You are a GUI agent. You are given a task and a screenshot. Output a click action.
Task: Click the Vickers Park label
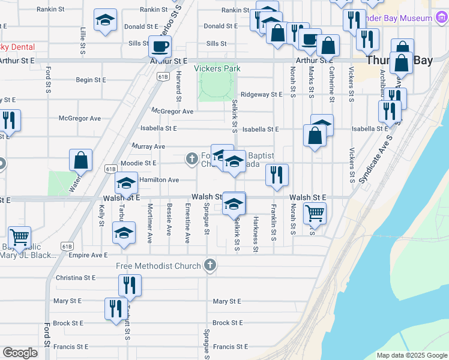click(217, 68)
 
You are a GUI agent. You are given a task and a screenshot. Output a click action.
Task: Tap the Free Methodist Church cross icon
click(210, 265)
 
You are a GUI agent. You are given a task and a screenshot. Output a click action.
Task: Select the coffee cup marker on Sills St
click(160, 46)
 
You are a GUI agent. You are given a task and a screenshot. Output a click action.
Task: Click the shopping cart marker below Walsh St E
click(314, 212)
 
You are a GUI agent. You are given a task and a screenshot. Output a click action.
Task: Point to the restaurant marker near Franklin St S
click(277, 175)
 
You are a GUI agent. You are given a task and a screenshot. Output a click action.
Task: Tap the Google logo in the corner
click(20, 353)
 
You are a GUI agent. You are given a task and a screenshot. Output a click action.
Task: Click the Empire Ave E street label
click(88, 255)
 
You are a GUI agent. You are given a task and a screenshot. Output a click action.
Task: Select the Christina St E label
click(76, 278)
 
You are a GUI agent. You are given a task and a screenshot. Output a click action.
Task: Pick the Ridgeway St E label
click(261, 95)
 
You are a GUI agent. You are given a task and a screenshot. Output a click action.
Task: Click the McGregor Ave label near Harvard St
click(172, 111)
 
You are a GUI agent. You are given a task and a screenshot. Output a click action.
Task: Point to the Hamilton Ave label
click(159, 180)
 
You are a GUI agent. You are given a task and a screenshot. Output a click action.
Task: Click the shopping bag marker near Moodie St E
click(80, 161)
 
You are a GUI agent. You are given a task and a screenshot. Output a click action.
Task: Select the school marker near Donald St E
click(106, 21)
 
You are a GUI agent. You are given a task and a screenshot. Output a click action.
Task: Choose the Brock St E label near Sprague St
click(228, 323)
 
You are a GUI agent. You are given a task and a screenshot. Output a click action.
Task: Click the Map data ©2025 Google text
click(411, 355)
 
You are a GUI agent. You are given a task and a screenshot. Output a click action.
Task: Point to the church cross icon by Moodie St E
click(191, 158)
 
